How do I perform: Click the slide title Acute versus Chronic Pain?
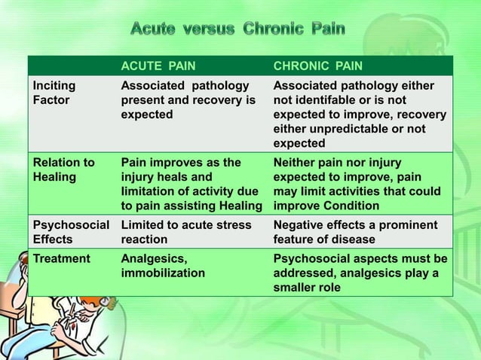point(238,29)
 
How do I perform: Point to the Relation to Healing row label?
point(63,170)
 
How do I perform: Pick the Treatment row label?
point(60,258)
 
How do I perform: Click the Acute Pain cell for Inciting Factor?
point(189,100)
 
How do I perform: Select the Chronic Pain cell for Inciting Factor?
point(360,114)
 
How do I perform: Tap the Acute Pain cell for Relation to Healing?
point(191,185)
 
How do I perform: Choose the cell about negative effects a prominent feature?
point(354,232)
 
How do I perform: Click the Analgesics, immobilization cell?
point(163,266)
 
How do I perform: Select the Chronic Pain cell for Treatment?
point(360,273)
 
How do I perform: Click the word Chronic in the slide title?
point(275,29)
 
